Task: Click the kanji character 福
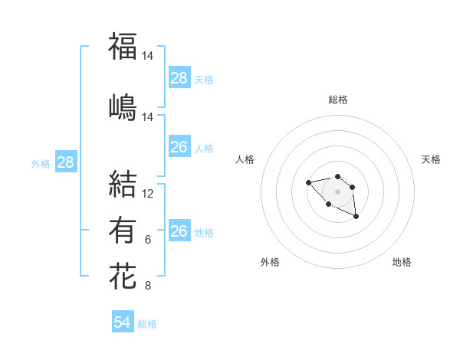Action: [x=123, y=46]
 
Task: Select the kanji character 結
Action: [x=123, y=184]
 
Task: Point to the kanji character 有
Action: [x=123, y=230]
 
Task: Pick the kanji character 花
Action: [x=123, y=277]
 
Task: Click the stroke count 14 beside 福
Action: [x=148, y=56]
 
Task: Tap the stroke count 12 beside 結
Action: [x=148, y=194]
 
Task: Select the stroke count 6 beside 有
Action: [x=148, y=240]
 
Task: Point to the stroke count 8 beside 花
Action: [x=148, y=286]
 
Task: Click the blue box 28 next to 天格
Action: [x=179, y=78]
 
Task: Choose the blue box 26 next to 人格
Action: [x=179, y=147]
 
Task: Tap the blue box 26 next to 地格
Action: [x=179, y=231]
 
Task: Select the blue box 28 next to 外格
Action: [x=65, y=162]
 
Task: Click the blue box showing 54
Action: [x=123, y=322]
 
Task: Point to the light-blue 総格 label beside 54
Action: [x=147, y=324]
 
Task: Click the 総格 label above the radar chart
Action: [x=337, y=100]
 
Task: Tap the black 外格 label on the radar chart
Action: [x=270, y=262]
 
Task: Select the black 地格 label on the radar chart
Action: [x=402, y=262]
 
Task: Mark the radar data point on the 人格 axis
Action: [x=308, y=182]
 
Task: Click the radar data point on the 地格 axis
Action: [x=356, y=218]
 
